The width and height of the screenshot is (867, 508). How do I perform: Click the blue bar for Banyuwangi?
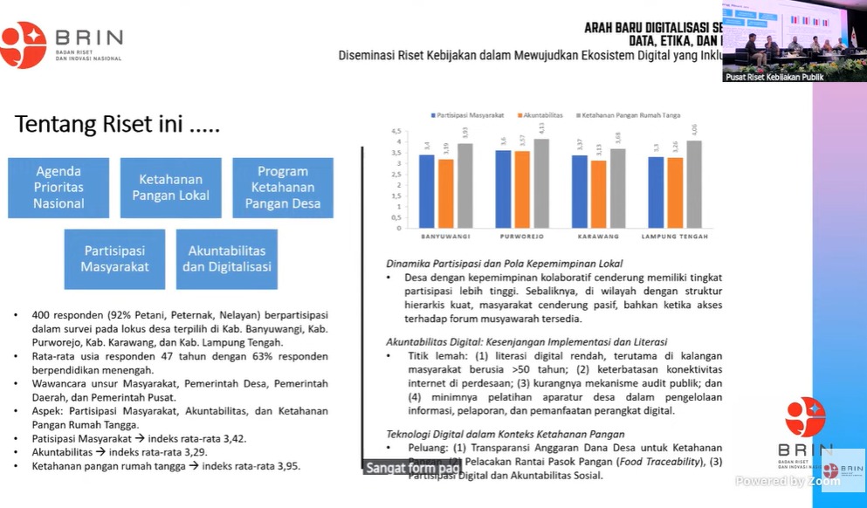click(426, 191)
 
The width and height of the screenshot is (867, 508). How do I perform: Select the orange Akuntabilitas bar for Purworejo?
click(522, 189)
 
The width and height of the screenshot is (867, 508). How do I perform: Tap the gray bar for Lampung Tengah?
click(694, 184)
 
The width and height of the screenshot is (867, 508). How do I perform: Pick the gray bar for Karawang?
click(617, 188)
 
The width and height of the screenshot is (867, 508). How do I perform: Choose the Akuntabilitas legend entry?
click(541, 115)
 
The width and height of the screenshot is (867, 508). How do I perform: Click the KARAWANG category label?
click(598, 237)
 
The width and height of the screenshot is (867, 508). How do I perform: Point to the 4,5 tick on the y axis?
click(398, 131)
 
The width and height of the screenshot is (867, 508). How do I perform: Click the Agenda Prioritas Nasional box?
click(58, 188)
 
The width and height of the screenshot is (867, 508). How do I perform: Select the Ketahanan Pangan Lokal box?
click(171, 188)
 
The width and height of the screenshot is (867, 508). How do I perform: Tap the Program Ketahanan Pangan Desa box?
click(283, 188)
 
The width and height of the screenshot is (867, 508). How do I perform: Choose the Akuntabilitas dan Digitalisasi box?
click(227, 259)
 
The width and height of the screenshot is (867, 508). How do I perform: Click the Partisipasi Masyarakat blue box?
click(114, 259)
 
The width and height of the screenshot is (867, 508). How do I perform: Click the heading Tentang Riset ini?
click(117, 125)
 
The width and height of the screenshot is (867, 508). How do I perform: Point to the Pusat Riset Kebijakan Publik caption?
click(774, 77)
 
